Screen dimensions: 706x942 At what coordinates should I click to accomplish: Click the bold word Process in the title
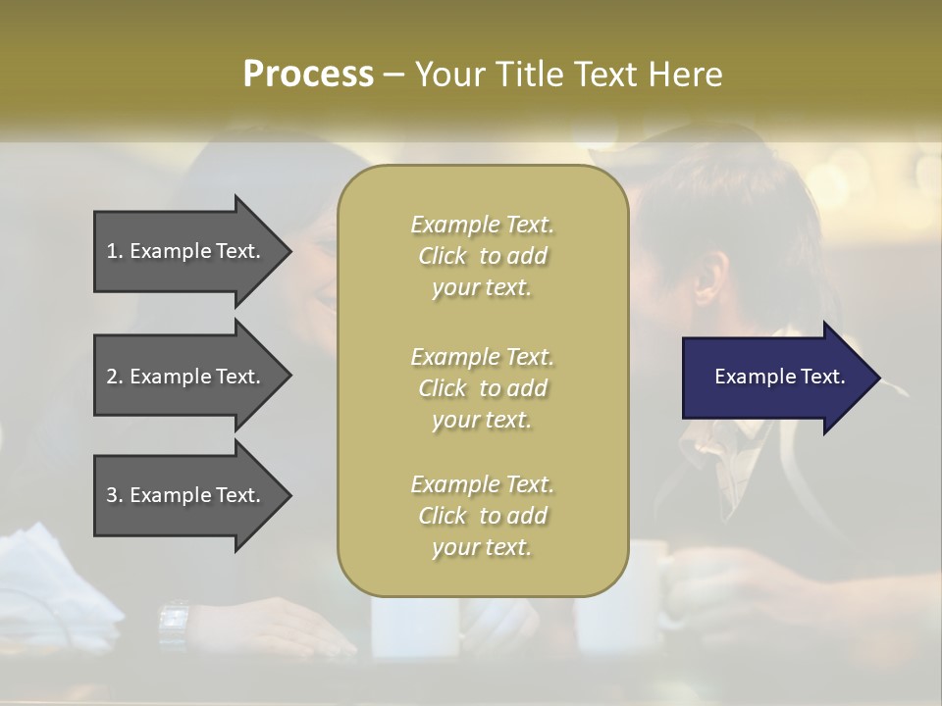[x=308, y=75]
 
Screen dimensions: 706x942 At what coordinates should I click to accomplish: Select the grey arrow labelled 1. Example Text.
[x=186, y=251]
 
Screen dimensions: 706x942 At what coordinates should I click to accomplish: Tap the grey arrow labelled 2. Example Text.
[x=186, y=377]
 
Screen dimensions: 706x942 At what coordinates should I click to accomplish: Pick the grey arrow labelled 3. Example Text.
[x=186, y=495]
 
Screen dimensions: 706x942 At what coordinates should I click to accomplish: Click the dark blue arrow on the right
[x=775, y=378]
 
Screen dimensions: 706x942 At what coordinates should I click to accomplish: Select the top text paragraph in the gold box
[x=482, y=256]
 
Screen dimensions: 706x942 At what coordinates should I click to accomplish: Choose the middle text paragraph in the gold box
[x=482, y=388]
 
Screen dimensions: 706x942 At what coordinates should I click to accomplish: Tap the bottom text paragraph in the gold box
[x=482, y=516]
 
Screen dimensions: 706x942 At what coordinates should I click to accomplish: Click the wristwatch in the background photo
[x=174, y=620]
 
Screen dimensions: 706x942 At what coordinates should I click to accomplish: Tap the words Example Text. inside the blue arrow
[x=780, y=377]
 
